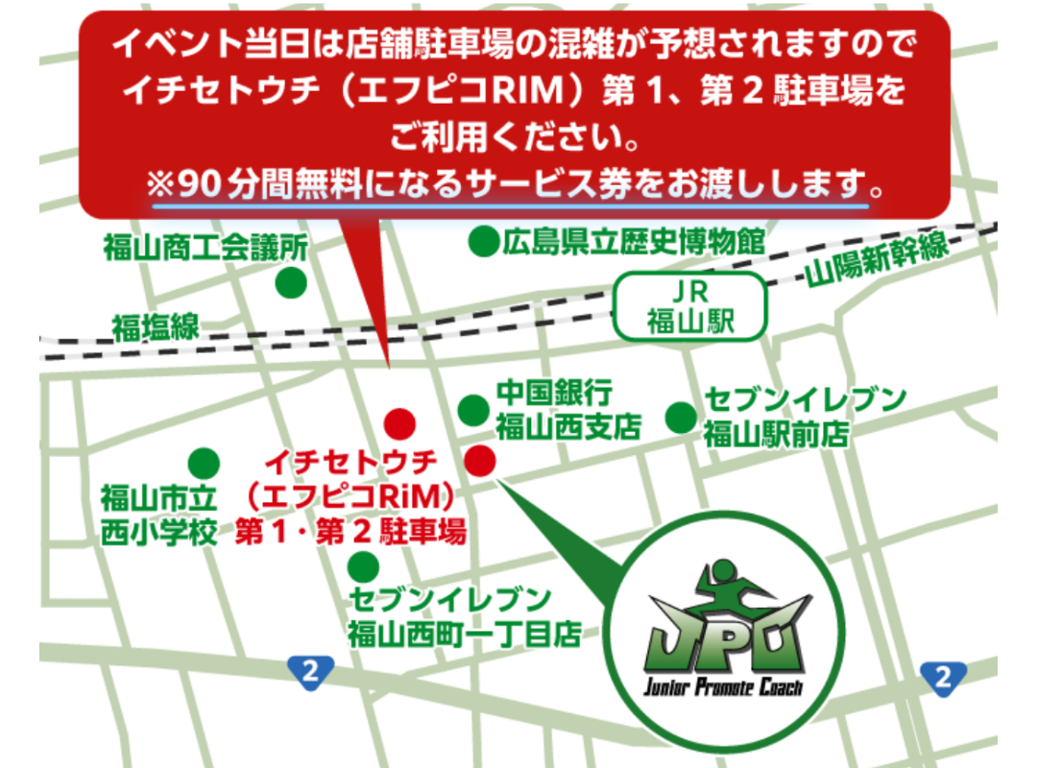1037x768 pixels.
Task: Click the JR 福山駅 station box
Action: pos(690,306)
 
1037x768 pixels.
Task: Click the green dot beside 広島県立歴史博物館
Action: pos(483,241)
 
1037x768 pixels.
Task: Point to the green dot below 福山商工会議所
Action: pos(291,283)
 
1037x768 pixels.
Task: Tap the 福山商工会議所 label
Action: pos(205,249)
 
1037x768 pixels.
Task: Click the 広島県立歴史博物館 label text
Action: pos(634,241)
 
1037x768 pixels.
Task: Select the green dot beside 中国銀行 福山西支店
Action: pos(472,410)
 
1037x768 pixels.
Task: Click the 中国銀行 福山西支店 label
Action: pos(567,409)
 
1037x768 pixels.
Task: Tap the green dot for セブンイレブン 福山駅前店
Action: pos(681,417)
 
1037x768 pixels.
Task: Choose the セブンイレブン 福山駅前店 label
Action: pos(805,416)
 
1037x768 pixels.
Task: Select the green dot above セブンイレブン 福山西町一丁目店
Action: pos(361,564)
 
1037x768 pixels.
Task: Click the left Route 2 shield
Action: pos(309,672)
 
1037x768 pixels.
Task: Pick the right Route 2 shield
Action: pos(942,678)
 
